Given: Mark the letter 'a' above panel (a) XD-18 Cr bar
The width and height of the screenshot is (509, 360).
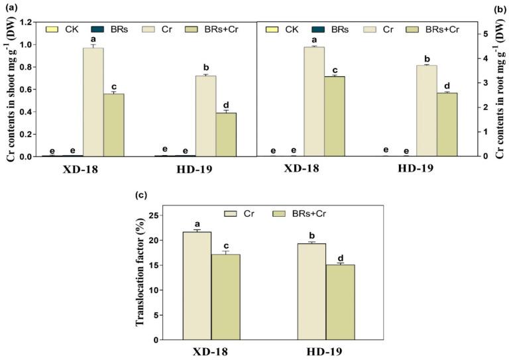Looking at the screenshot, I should tap(93, 38).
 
